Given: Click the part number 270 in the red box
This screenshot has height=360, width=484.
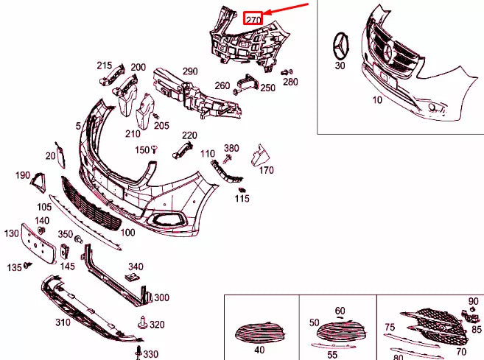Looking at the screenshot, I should point(253,19).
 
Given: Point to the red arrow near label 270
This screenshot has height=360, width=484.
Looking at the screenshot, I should point(288,9).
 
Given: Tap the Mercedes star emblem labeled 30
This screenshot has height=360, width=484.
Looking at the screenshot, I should point(341,46).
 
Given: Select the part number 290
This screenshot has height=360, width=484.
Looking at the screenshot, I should point(190,71).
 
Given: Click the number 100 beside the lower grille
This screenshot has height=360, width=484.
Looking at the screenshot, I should point(127,233).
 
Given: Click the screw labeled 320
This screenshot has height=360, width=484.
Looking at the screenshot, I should point(141,322).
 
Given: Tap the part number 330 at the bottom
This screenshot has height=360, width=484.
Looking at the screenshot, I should point(150,354).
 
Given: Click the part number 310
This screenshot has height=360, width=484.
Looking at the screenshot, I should point(63,322).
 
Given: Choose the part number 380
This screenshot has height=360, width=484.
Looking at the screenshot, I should point(231,148).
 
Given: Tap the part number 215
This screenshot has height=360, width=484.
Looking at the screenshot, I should point(104,66).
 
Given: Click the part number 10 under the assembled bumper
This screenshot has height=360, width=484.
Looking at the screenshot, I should point(377,100).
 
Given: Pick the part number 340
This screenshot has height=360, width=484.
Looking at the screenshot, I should point(136,267).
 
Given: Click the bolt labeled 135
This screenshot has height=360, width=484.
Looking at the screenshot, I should point(28,265).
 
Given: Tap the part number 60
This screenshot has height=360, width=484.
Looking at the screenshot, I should point(340,311).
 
